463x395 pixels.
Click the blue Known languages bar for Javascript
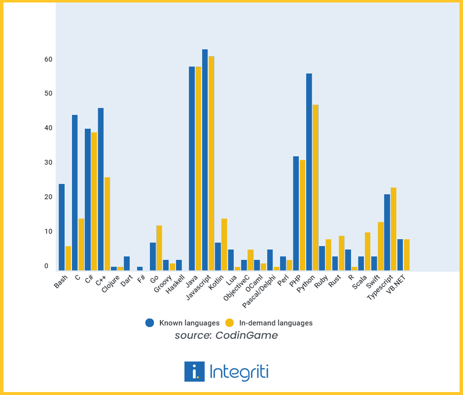(205, 160)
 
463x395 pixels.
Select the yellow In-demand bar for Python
(316, 187)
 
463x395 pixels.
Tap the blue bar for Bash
(62, 227)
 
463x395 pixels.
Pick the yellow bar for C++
(107, 224)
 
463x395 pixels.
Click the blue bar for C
(75, 193)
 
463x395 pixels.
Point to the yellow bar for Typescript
(393, 229)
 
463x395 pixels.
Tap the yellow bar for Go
(159, 248)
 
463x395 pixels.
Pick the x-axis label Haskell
(176, 284)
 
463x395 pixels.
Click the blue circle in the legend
(150, 323)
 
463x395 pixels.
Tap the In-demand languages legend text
(276, 323)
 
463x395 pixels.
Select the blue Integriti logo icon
(194, 371)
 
